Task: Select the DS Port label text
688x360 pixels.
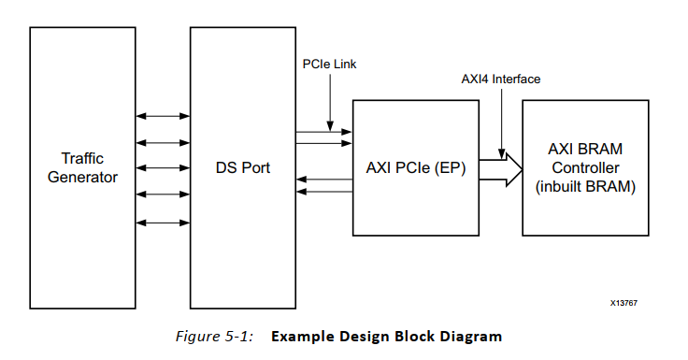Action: click(x=242, y=168)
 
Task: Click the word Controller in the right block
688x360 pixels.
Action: click(x=585, y=168)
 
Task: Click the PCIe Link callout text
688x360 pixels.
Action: click(x=329, y=65)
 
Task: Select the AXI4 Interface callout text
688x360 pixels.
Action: click(x=501, y=79)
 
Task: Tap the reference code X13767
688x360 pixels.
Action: click(x=624, y=303)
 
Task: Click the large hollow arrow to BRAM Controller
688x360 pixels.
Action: click(x=500, y=170)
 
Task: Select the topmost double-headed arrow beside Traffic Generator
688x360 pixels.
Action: click(x=163, y=117)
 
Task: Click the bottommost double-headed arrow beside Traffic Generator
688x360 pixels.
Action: click(x=163, y=223)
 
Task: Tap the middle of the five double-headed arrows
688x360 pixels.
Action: click(x=163, y=169)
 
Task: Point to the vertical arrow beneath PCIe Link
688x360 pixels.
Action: click(x=329, y=102)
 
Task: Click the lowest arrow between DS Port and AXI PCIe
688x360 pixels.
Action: click(x=323, y=191)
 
